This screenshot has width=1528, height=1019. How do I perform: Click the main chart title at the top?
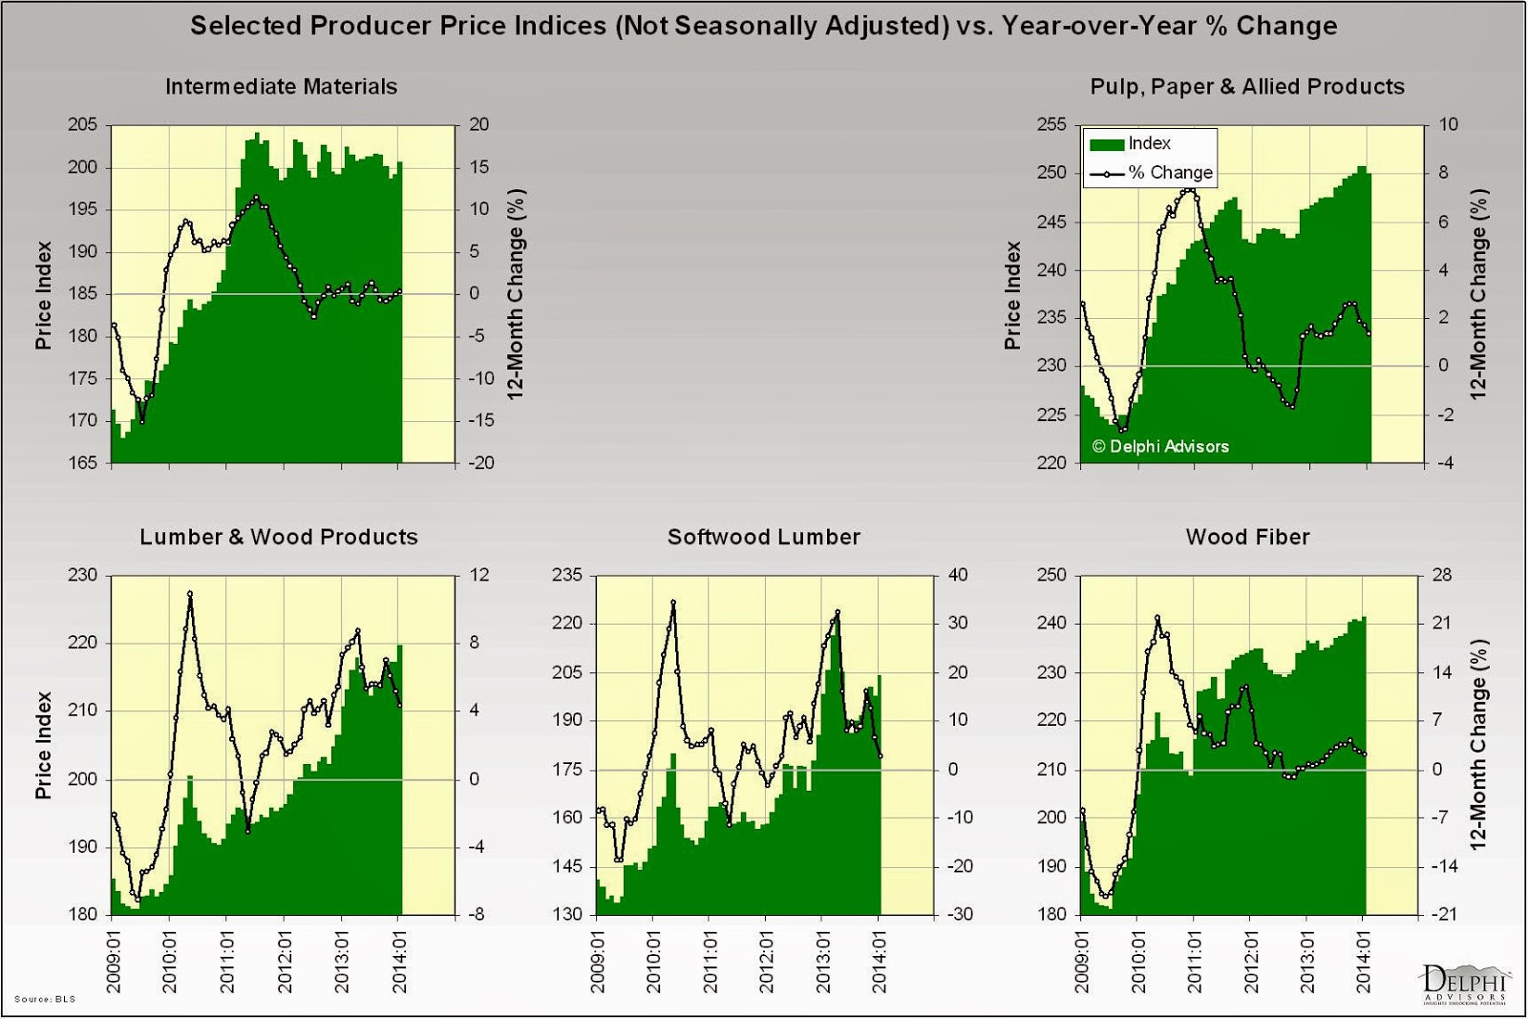click(763, 26)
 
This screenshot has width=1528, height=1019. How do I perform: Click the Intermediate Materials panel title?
click(281, 87)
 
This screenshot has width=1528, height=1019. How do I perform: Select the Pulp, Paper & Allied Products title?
click(1247, 87)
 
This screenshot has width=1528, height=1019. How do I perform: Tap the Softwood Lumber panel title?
click(764, 537)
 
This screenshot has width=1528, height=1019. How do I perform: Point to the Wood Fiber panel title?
click(1247, 537)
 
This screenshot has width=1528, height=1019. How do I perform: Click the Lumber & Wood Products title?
click(279, 537)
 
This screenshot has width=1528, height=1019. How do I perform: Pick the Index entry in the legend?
click(1149, 143)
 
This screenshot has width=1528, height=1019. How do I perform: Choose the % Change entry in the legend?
click(1170, 173)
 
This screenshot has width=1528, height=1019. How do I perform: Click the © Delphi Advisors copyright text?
click(1160, 446)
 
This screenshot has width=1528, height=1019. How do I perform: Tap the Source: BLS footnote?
click(45, 999)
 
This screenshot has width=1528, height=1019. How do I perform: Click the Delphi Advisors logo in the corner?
click(1463, 984)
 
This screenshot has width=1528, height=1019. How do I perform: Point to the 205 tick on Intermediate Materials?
click(83, 124)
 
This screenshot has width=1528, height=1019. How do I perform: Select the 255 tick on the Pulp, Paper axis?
click(1051, 124)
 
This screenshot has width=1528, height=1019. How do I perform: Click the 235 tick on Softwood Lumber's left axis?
click(567, 575)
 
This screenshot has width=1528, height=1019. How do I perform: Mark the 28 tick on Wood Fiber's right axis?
click(1441, 575)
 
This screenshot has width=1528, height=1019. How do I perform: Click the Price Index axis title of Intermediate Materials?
click(43, 295)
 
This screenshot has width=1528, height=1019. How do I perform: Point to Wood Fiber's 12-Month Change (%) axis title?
click(1478, 745)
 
